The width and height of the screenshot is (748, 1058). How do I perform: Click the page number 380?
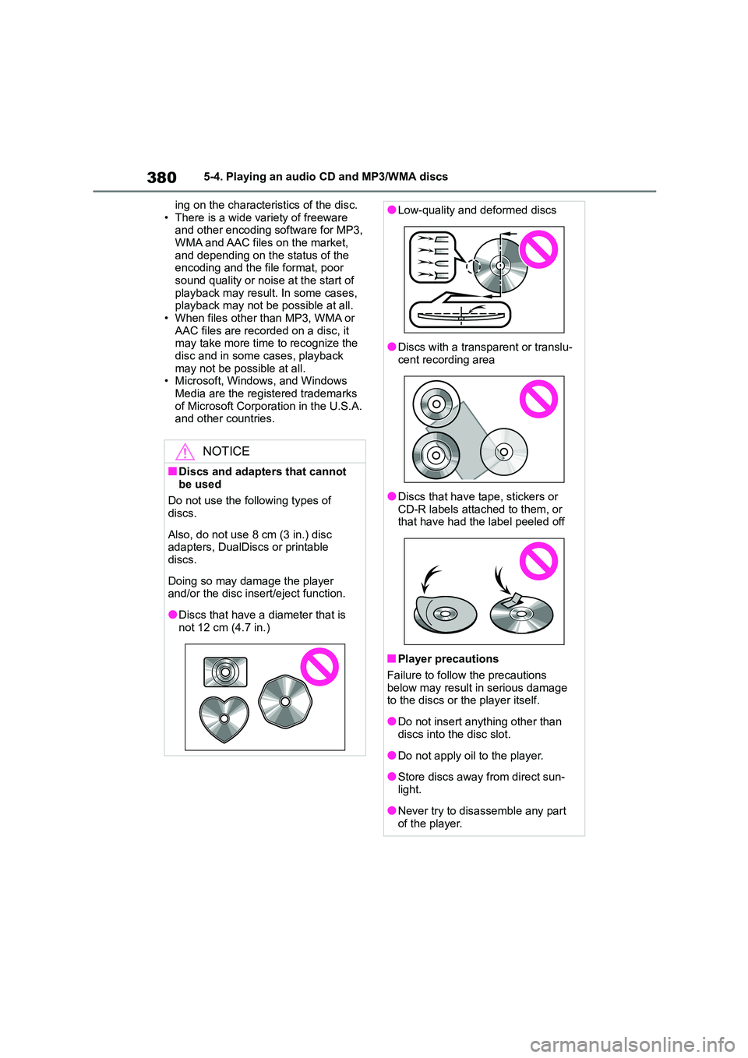coord(161,178)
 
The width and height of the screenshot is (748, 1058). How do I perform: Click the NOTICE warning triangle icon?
coord(185,451)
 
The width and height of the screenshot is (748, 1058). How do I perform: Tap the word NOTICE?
coord(226,451)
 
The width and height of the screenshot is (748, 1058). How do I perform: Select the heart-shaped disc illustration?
coord(224,718)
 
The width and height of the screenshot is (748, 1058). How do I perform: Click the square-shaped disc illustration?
coord(225,672)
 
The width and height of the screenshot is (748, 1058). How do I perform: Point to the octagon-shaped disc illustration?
coord(285,701)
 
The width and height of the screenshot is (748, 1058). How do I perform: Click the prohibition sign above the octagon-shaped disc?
coord(319,667)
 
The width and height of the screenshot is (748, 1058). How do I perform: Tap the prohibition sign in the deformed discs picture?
coord(538,250)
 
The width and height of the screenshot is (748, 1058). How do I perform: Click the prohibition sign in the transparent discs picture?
coord(538,399)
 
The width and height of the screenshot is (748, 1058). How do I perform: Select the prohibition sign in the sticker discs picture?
coord(538,561)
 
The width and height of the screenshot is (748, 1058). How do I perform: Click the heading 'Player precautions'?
coord(448,659)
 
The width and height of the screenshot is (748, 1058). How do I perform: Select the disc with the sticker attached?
coord(521,612)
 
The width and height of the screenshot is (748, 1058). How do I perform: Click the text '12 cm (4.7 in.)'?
coord(235,627)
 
